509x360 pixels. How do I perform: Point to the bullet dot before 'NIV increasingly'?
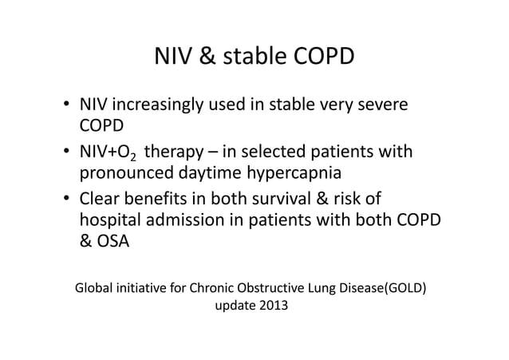67,106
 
